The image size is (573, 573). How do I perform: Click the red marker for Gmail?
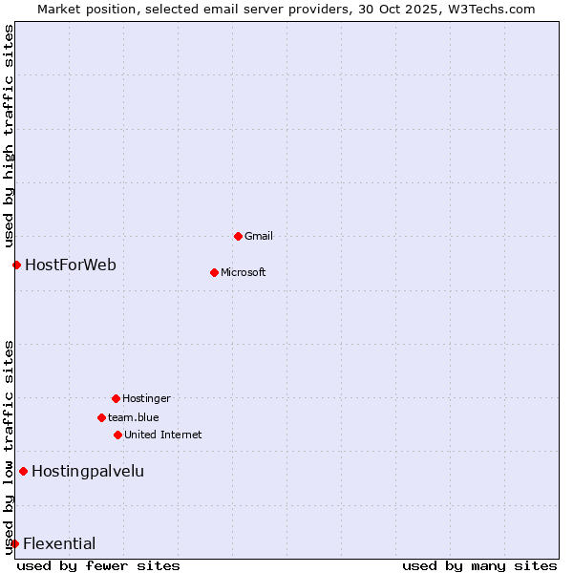click(238, 236)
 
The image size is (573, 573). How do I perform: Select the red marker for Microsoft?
click(214, 272)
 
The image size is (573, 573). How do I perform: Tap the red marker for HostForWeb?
click(16, 265)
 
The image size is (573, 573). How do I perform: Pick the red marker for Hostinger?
click(116, 398)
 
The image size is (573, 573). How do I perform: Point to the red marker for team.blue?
click(101, 417)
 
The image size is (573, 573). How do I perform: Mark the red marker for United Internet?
click(117, 435)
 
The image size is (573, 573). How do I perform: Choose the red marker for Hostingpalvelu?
click(23, 471)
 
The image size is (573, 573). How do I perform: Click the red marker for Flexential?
click(14, 543)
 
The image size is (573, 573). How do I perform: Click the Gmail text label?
click(259, 236)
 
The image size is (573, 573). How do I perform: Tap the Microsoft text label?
click(244, 272)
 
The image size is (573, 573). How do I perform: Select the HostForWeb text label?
click(71, 265)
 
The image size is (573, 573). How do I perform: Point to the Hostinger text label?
click(147, 398)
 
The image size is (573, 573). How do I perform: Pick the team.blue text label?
click(134, 417)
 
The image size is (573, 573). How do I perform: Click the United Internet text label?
click(163, 435)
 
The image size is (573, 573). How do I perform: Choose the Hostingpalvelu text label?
click(88, 471)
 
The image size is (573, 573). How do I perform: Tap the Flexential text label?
click(59, 543)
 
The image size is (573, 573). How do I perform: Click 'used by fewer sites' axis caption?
click(98, 565)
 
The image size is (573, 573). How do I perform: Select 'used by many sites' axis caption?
click(479, 565)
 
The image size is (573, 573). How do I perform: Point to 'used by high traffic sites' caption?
click(9, 136)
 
